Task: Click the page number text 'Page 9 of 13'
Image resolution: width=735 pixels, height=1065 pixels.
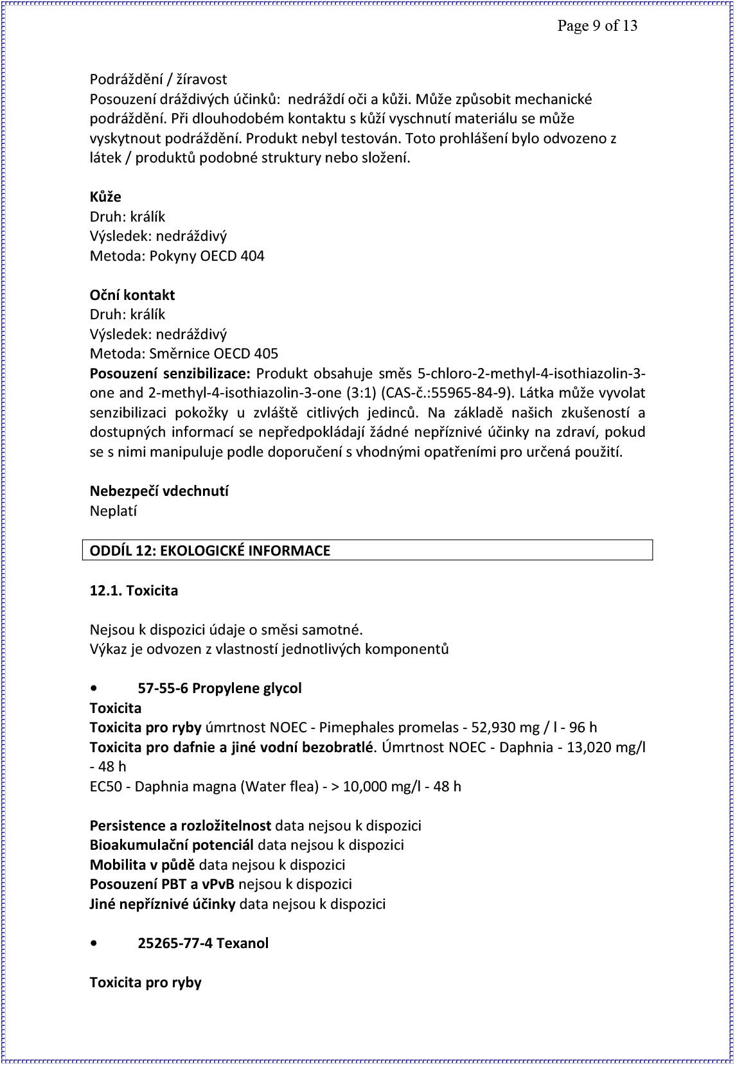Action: [597, 26]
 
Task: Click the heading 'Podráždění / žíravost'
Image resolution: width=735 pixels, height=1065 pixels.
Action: [158, 80]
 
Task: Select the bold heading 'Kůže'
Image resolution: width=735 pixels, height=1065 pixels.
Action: [105, 197]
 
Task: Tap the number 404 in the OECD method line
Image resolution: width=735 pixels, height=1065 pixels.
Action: [252, 256]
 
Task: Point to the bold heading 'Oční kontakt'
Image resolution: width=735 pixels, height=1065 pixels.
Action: [132, 295]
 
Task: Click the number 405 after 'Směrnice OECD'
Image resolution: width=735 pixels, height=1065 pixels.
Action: [266, 354]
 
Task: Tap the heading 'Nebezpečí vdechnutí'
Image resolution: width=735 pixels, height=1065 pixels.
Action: [159, 491]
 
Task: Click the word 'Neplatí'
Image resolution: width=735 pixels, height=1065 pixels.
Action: [113, 511]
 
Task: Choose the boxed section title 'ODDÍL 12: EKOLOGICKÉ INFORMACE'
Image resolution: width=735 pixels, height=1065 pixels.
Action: [210, 550]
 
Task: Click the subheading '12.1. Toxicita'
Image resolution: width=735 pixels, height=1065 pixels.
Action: [134, 590]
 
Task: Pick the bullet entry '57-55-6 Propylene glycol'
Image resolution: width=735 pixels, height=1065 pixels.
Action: [220, 689]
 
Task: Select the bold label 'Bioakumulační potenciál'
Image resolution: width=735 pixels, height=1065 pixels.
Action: [172, 845]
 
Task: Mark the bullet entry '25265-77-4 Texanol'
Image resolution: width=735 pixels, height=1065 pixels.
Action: [203, 944]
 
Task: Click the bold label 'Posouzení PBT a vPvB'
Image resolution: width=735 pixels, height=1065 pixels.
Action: [162, 885]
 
